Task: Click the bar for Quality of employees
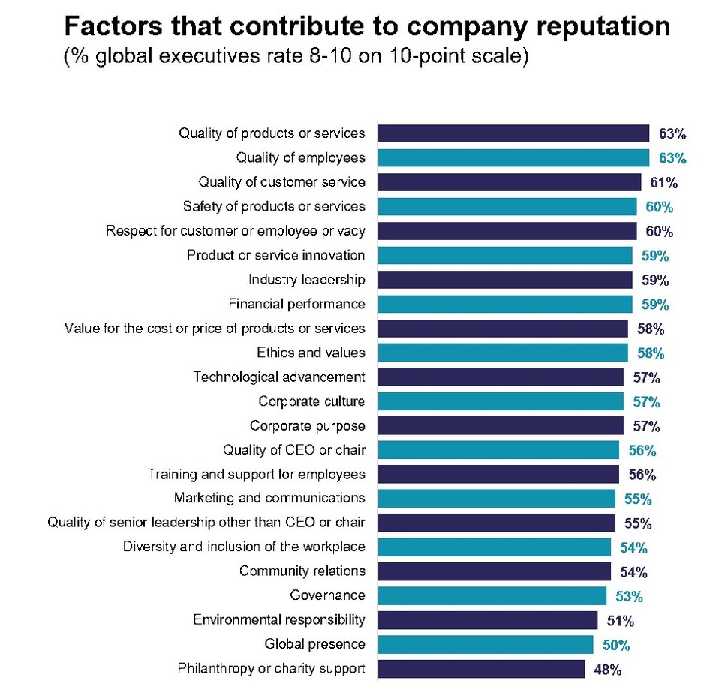tap(513, 157)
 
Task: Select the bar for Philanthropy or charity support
tap(481, 669)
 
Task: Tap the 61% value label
tap(664, 182)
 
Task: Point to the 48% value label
tap(607, 670)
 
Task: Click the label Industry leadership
tap(307, 280)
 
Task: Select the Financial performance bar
tap(504, 304)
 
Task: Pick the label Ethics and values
tap(311, 352)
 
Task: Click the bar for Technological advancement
tap(501, 376)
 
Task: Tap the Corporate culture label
tap(311, 401)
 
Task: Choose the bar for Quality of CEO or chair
tap(498, 450)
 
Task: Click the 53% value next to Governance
tap(629, 596)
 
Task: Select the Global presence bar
tap(485, 644)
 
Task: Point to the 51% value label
tap(620, 621)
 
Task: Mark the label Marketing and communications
tap(269, 498)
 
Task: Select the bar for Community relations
tap(494, 571)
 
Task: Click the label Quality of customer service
tap(281, 182)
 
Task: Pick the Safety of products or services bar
tap(507, 206)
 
